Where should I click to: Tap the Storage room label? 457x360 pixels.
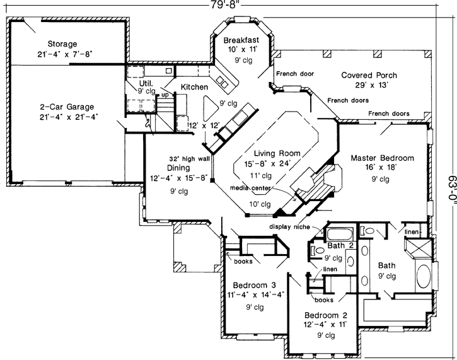coord(62,44)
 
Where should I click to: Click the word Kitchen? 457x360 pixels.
coord(194,86)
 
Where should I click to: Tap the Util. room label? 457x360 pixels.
coord(146,82)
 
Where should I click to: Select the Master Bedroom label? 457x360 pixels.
coord(382,157)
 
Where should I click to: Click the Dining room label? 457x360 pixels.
coord(179,168)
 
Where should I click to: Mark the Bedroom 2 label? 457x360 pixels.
coord(325,315)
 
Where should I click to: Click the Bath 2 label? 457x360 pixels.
coord(340,246)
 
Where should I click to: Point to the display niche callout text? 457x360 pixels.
coord(292,226)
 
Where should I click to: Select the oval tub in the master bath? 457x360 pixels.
coord(425,278)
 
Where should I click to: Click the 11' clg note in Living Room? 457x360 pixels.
coord(262,175)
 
